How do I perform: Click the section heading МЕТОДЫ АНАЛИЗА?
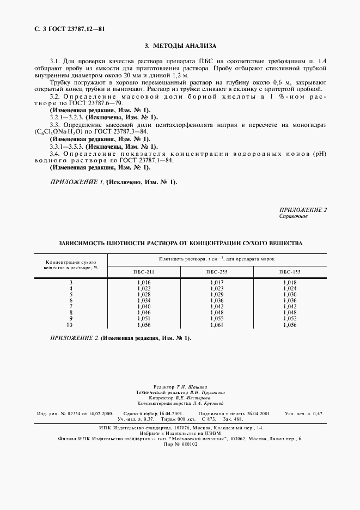[180, 47]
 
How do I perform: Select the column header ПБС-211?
[144, 271]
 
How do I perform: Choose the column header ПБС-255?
[217, 271]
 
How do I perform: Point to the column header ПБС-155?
[290, 271]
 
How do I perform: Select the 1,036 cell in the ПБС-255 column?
[217, 300]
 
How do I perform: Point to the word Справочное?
[294, 216]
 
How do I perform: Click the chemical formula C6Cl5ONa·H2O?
[58, 132]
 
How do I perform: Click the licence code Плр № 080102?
[180, 444]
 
